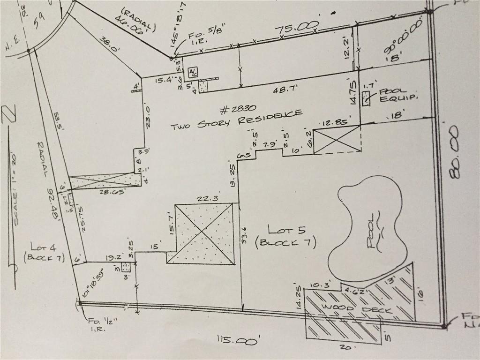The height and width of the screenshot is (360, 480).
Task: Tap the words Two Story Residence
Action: pos(236,120)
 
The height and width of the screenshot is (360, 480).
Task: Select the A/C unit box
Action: pos(193,72)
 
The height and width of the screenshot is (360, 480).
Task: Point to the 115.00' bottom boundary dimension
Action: pos(237,339)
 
